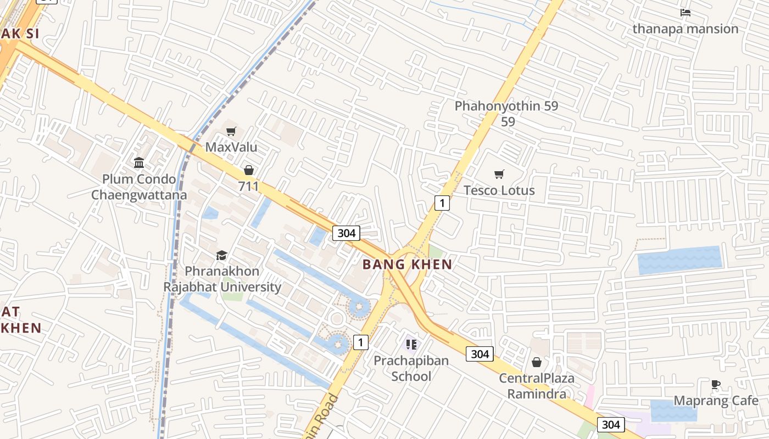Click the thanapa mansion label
(685, 29)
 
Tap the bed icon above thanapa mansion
(685, 12)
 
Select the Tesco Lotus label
(499, 190)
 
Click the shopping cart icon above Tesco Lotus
(499, 175)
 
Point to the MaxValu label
(231, 147)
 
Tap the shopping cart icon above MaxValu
(231, 131)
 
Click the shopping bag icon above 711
(248, 171)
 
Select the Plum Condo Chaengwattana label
(139, 187)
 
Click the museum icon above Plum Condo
(139, 163)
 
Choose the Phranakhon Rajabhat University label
(222, 279)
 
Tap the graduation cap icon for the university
(221, 255)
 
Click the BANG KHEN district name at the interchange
(407, 264)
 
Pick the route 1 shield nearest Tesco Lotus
(442, 203)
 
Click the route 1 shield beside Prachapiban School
(360, 342)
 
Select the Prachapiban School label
(411, 368)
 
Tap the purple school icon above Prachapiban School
(411, 345)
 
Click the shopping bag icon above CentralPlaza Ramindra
(537, 362)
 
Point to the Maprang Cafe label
(716, 401)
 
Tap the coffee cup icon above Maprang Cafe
(715, 384)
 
